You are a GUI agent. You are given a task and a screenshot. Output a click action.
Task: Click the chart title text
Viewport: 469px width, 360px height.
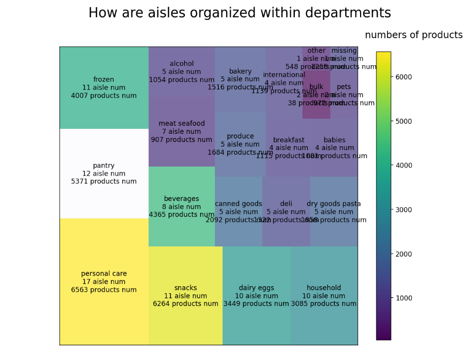point(247,13)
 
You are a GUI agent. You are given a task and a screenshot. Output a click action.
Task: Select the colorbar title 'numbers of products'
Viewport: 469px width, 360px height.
point(413,35)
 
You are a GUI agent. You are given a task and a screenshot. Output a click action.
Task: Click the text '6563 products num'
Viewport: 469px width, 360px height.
point(104,290)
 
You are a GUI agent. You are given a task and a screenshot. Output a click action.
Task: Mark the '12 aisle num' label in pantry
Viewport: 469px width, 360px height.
point(104,174)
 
